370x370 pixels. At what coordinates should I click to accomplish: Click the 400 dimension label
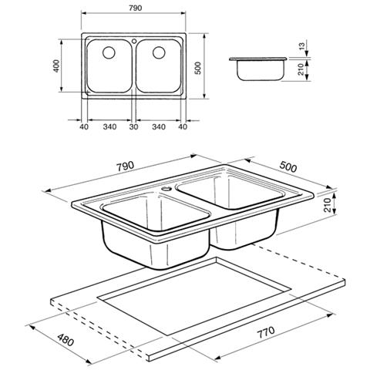coord(56,66)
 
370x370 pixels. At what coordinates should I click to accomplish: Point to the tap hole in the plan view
coord(133,39)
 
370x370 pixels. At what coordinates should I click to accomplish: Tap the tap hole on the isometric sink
coord(168,187)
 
